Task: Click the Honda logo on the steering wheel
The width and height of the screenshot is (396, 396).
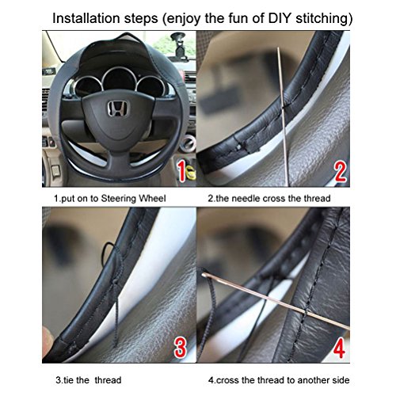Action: (118, 109)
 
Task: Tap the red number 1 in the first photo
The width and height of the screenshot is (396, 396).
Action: (181, 172)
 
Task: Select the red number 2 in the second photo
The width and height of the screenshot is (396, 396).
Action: (340, 172)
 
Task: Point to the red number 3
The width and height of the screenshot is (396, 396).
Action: (181, 347)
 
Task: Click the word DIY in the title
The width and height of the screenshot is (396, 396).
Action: (280, 18)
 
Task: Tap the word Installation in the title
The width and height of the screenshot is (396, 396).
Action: (86, 18)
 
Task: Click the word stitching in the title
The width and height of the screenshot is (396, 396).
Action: (324, 19)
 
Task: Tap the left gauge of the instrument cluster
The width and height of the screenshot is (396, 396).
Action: (88, 86)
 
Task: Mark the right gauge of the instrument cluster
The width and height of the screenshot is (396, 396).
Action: (152, 86)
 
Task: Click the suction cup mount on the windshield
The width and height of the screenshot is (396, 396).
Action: (178, 45)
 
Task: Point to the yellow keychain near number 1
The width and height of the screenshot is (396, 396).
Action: (191, 172)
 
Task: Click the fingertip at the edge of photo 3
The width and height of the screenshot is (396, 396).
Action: (48, 339)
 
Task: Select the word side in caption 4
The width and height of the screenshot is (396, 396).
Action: (341, 380)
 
